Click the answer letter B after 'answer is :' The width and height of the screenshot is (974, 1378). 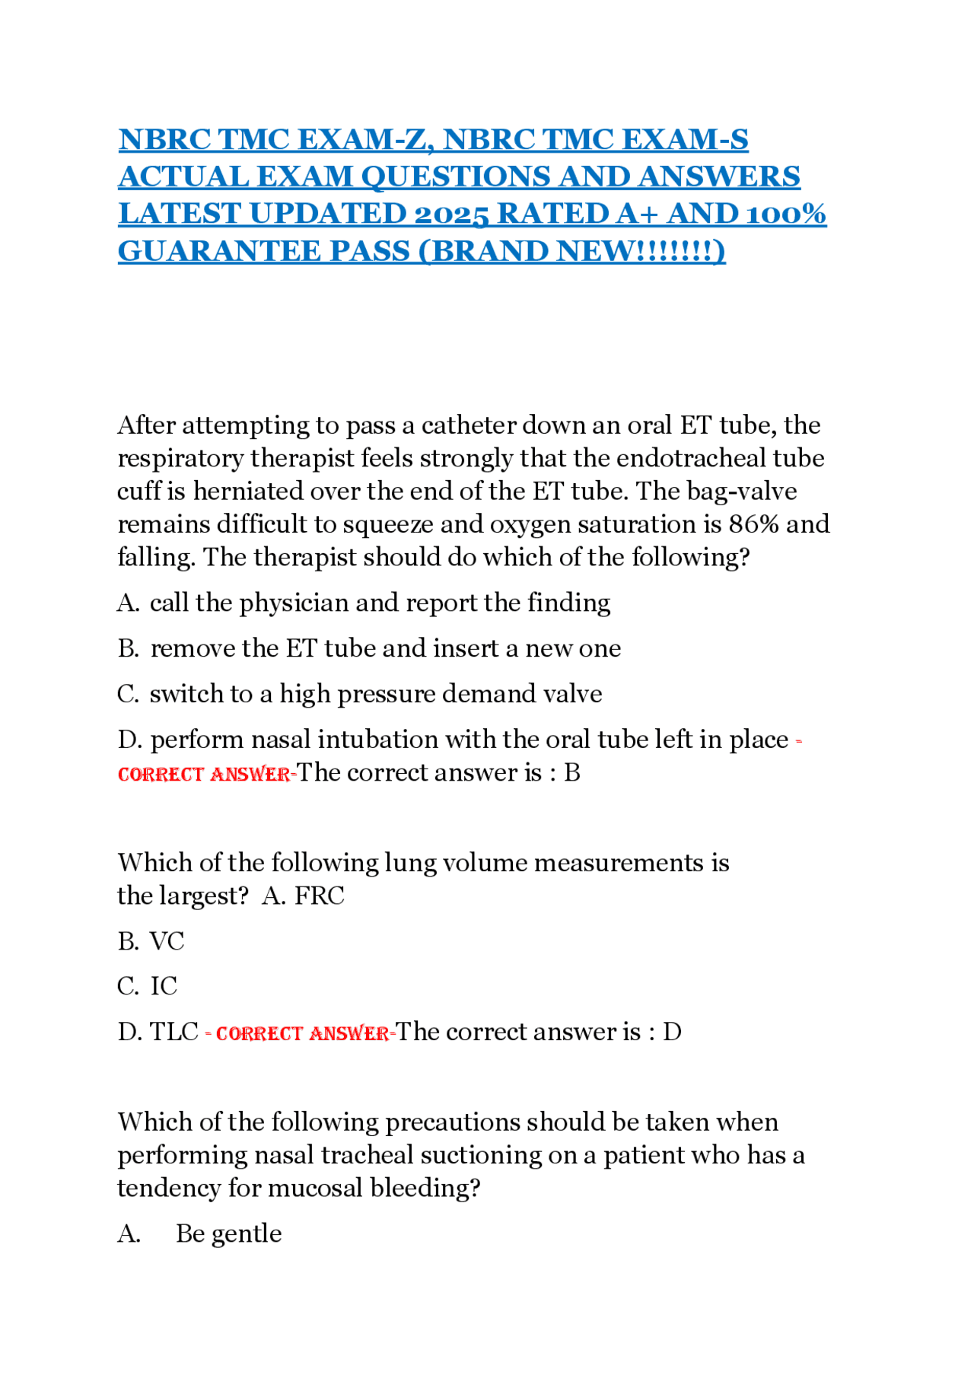[572, 773]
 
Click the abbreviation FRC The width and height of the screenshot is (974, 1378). [320, 896]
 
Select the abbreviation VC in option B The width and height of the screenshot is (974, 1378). [167, 942]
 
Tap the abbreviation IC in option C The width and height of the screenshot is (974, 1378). [164, 987]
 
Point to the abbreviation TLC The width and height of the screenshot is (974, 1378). [174, 1033]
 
